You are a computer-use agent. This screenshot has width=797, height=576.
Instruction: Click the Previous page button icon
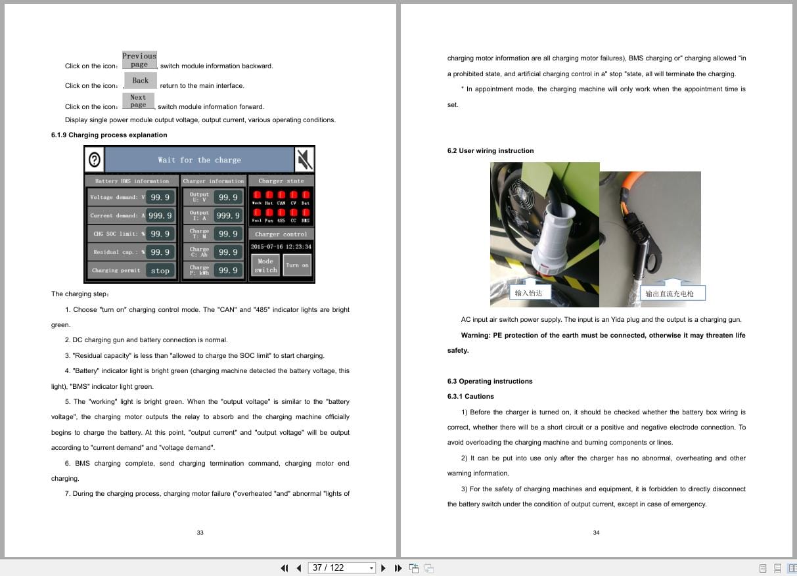pyautogui.click(x=139, y=60)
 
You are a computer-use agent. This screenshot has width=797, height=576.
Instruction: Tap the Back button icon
pyautogui.click(x=141, y=81)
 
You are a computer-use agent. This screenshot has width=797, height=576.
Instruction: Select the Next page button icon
pyautogui.click(x=138, y=100)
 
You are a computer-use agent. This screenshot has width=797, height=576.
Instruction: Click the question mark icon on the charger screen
pyautogui.click(x=95, y=160)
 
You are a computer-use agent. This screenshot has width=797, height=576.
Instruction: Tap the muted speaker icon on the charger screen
pyautogui.click(x=304, y=159)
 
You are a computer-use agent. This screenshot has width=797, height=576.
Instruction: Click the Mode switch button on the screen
pyautogui.click(x=265, y=265)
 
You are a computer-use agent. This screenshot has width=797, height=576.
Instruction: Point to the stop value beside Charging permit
pyautogui.click(x=160, y=271)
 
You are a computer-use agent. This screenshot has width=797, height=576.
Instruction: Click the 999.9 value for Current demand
pyautogui.click(x=160, y=215)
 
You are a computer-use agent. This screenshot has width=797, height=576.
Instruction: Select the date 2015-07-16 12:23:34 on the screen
pyautogui.click(x=281, y=247)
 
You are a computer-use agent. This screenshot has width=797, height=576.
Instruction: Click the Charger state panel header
pyautogui.click(x=281, y=181)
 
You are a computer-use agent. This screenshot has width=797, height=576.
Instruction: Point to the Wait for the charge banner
pyautogui.click(x=199, y=160)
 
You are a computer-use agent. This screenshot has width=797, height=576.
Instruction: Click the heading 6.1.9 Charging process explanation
pyautogui.click(x=109, y=135)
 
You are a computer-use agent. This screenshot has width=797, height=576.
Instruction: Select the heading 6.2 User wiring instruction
pyautogui.click(x=490, y=151)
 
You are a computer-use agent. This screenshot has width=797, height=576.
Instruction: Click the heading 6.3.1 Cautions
pyautogui.click(x=470, y=397)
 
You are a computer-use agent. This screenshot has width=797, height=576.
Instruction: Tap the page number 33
pyautogui.click(x=200, y=533)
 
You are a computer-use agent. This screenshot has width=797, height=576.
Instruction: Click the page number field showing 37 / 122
pyautogui.click(x=334, y=568)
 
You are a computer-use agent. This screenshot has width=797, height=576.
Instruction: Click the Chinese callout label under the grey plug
pyautogui.click(x=529, y=293)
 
